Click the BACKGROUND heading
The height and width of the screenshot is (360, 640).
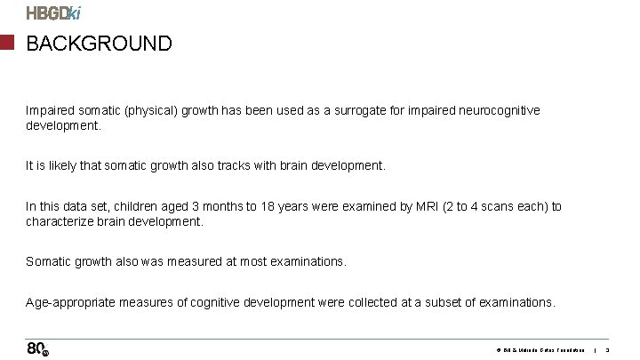[x=99, y=44]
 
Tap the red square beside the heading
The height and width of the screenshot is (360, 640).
[x=7, y=43]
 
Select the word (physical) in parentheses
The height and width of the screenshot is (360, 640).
[x=150, y=111]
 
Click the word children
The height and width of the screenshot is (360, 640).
[x=143, y=207]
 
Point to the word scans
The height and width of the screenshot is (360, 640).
[x=485, y=207]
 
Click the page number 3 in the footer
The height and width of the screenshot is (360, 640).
[x=609, y=350]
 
